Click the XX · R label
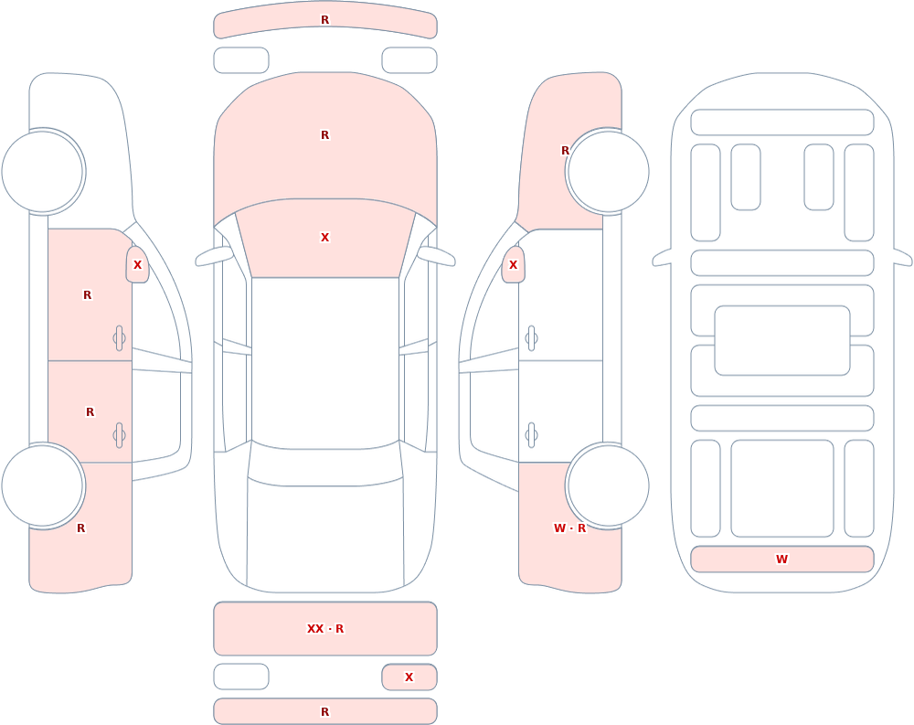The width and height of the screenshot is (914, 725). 325,629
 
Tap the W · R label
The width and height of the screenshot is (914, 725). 569,528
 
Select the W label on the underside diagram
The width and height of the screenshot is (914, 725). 781,559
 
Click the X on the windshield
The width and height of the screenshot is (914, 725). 325,238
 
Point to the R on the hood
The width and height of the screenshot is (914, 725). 325,134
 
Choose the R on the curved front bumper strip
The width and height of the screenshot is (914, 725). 325,20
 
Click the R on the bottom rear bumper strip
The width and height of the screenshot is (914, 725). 325,711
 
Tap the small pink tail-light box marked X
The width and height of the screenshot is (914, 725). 409,677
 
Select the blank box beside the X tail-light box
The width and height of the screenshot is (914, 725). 241,677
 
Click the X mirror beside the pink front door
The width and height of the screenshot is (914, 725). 138,265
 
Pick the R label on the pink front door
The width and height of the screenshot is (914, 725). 88,295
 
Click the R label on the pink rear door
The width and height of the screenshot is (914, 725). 90,411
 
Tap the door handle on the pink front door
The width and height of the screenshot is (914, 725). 119,338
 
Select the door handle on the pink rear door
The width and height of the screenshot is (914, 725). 119,435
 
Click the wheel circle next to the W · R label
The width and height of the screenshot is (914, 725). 608,485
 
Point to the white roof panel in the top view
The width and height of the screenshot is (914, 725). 325,363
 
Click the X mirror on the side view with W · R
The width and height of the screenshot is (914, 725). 513,265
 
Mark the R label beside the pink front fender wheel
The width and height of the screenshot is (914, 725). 565,151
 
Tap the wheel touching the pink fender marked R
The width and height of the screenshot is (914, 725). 608,172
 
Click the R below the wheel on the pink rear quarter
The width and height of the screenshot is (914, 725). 81,528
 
